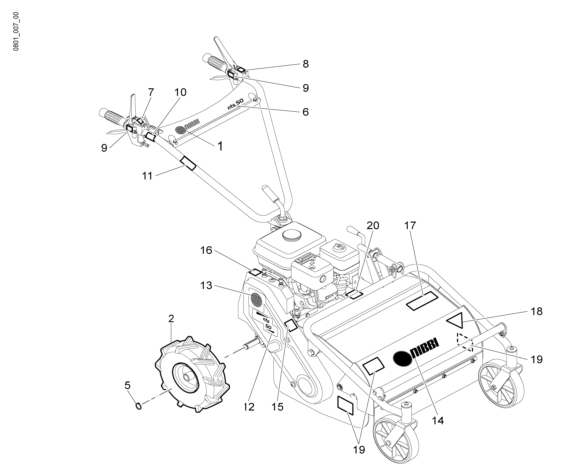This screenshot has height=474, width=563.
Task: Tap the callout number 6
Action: [x=305, y=112]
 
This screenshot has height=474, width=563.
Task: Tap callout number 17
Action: [x=410, y=226]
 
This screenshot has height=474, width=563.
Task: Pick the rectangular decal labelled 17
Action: [x=422, y=301]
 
